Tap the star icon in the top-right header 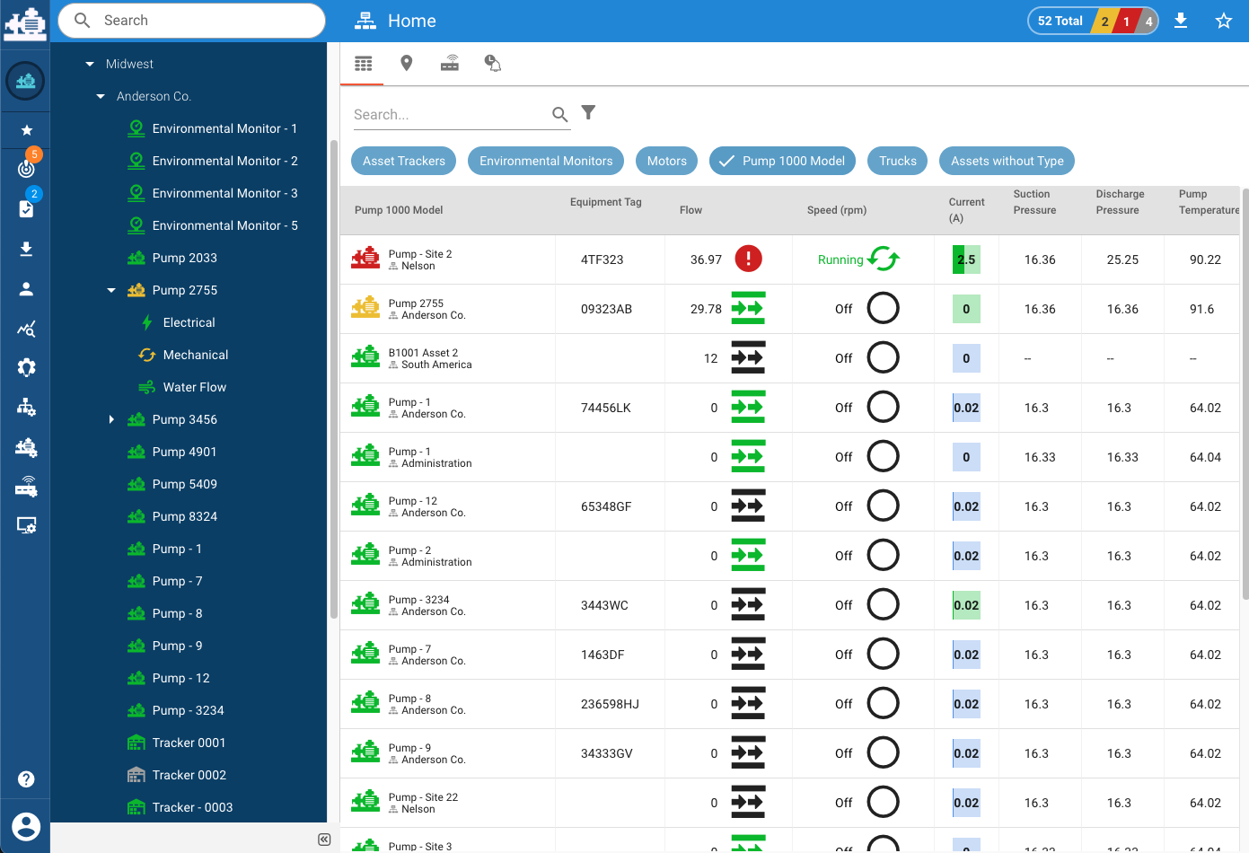1223,21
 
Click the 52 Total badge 1060,21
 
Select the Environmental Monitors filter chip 546,161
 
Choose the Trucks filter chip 897,161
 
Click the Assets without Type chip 1007,161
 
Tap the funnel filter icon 588,112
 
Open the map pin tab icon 407,63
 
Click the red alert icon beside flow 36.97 748,259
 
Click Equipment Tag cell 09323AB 606,309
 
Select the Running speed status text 840,259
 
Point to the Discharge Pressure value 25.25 1122,259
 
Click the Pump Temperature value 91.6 1201,309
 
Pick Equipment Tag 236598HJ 610,704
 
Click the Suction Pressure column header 1034,202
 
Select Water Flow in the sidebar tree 194,387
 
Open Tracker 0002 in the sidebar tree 189,775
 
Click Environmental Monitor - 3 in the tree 224,193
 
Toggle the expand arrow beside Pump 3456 111,419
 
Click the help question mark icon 26,779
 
